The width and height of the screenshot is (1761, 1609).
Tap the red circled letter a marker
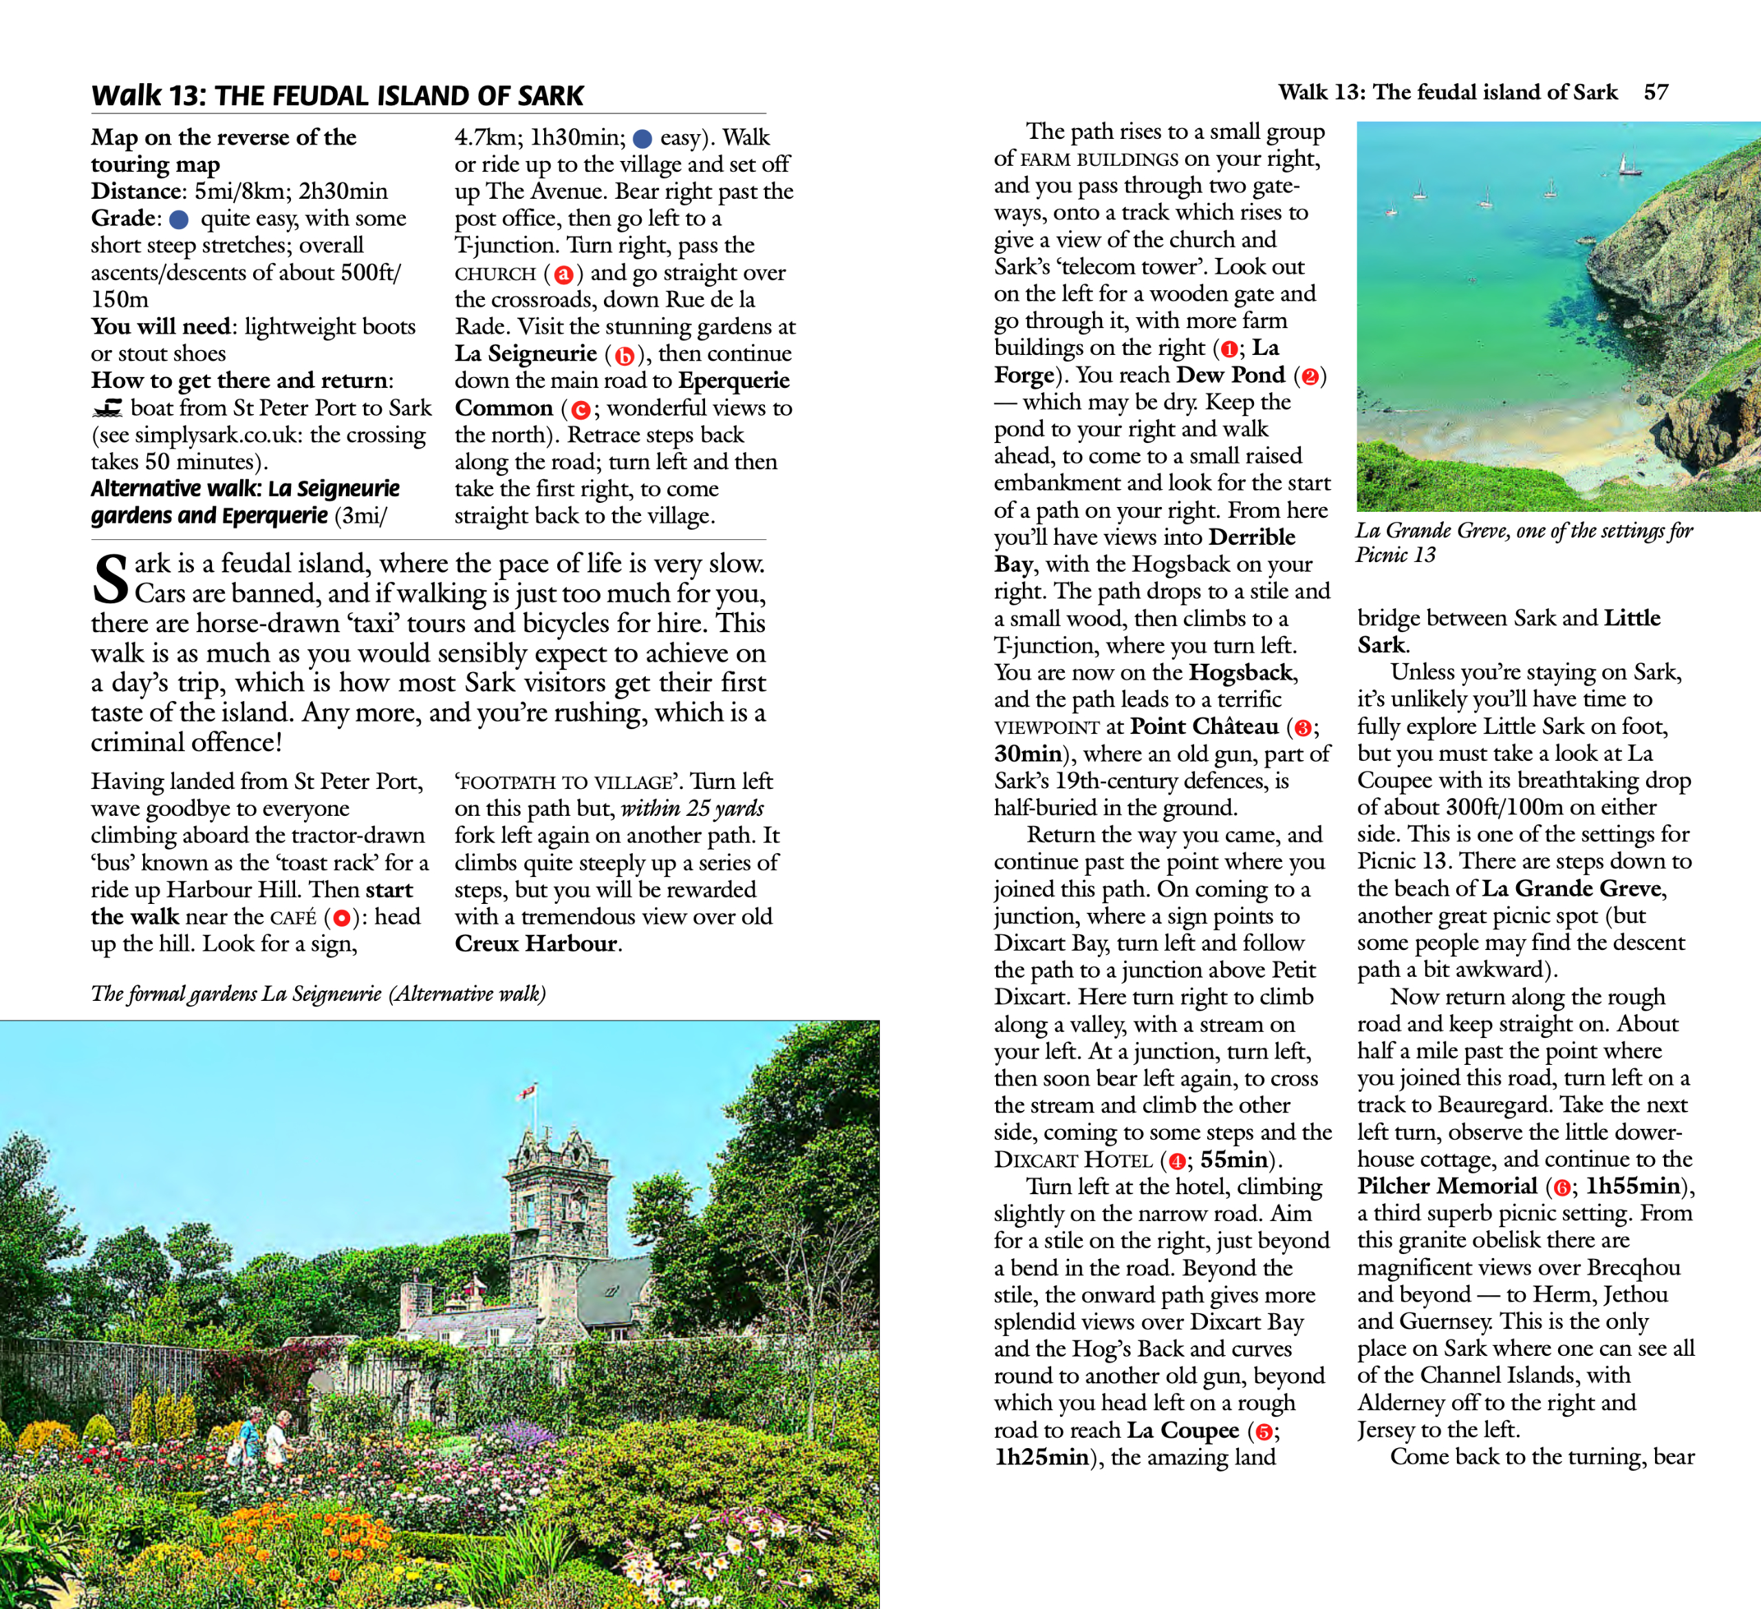pyautogui.click(x=563, y=274)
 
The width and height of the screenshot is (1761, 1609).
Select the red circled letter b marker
pyautogui.click(x=624, y=356)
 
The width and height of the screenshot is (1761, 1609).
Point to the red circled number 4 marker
pyautogui.click(x=1176, y=1161)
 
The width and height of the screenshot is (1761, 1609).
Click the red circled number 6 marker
pyautogui.click(x=1561, y=1187)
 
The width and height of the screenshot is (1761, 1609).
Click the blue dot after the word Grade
pyautogui.click(x=179, y=219)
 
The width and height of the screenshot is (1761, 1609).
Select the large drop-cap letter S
pyautogui.click(x=110, y=579)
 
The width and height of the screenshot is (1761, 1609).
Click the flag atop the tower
pyautogui.click(x=528, y=1091)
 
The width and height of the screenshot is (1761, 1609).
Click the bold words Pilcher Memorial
pyautogui.click(x=1447, y=1186)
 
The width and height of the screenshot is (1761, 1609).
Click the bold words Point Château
pyautogui.click(x=1204, y=726)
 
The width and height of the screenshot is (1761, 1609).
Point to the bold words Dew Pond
pyautogui.click(x=1231, y=375)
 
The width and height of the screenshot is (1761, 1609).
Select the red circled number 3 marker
pyautogui.click(x=1302, y=728)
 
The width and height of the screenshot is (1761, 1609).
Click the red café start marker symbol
pyautogui.click(x=342, y=918)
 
